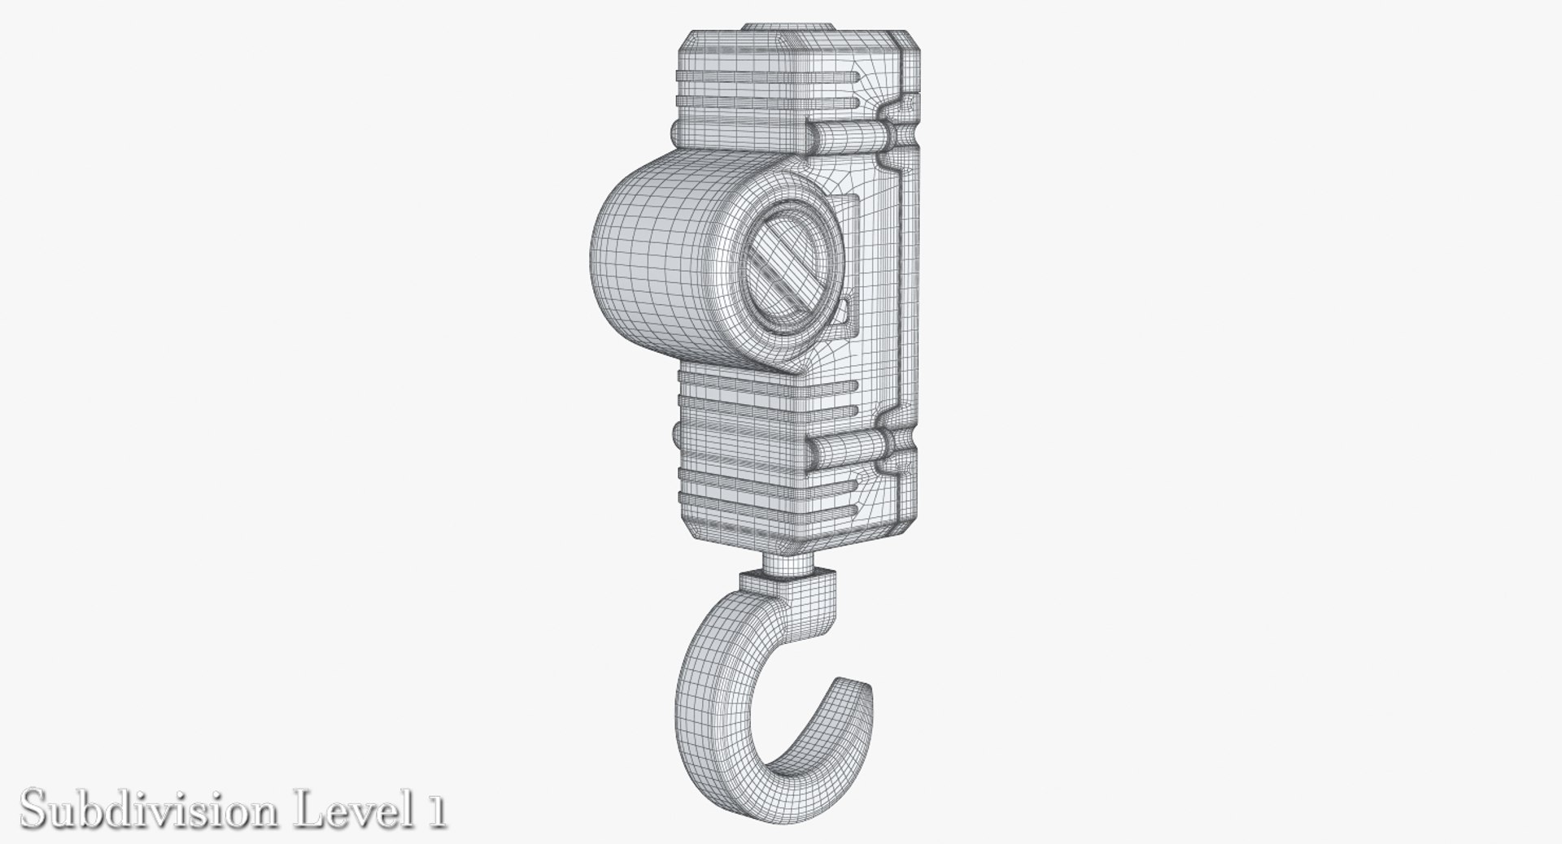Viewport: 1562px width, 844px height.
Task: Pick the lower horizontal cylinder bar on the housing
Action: pos(846,446)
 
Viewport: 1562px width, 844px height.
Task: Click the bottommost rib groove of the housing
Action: pos(765,511)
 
